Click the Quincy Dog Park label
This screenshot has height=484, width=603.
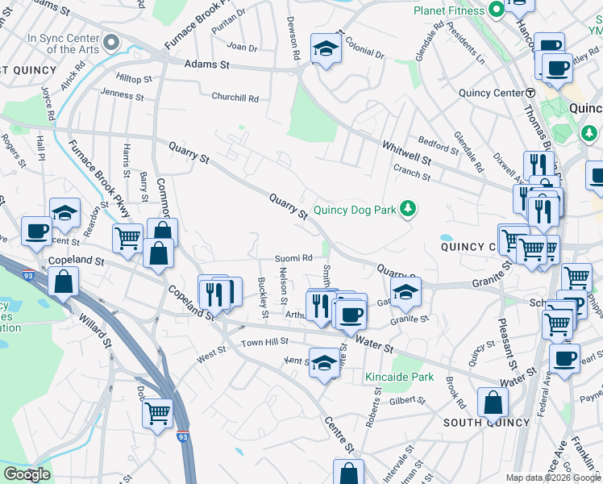[x=355, y=210]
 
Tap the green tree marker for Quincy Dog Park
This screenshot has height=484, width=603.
[x=409, y=210]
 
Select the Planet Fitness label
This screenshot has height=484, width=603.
[x=449, y=10]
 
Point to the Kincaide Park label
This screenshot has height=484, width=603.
[x=399, y=377]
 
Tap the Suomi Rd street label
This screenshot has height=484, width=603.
[x=293, y=258]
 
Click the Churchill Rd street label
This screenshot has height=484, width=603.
[x=235, y=98]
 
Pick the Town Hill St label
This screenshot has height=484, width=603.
[x=264, y=344]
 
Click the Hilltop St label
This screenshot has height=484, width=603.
[x=134, y=79]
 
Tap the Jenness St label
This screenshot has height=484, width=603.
[x=123, y=94]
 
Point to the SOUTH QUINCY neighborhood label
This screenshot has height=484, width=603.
[x=487, y=422]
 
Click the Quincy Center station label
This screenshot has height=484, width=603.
[x=491, y=93]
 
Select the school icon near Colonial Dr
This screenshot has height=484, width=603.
[x=326, y=51]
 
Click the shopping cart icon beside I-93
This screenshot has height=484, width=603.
[x=157, y=414]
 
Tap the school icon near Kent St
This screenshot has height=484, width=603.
[x=324, y=364]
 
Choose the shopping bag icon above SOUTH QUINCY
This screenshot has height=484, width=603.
[x=493, y=403]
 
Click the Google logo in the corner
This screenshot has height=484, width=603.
[x=27, y=474]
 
